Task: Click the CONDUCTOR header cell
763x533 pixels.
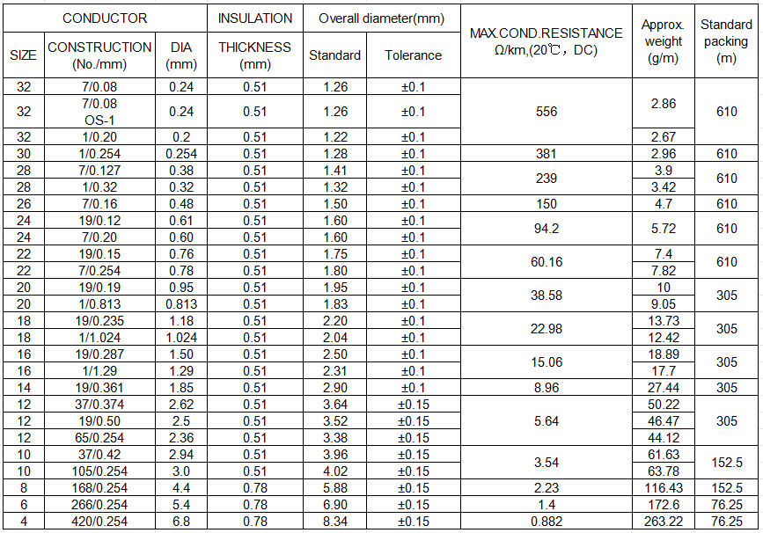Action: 105,18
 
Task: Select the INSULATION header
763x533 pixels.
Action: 255,18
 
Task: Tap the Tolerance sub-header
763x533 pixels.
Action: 413,55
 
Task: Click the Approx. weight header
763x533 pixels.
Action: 663,41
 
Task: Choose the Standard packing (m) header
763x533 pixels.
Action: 726,41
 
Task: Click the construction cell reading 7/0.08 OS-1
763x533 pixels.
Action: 99,112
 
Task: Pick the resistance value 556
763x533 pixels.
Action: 546,112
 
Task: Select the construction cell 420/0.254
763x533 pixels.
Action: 99,522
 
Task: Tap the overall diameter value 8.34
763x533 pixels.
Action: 334,522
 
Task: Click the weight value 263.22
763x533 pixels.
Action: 663,522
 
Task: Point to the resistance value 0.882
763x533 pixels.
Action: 546,522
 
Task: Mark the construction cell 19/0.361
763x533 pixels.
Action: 99,388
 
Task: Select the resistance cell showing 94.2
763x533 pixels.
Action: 546,229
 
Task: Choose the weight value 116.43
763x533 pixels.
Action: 663,488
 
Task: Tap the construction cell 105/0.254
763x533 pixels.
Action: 99,471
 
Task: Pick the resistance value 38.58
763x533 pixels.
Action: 546,296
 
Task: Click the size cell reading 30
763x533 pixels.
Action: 24,154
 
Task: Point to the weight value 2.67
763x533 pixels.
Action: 663,137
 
